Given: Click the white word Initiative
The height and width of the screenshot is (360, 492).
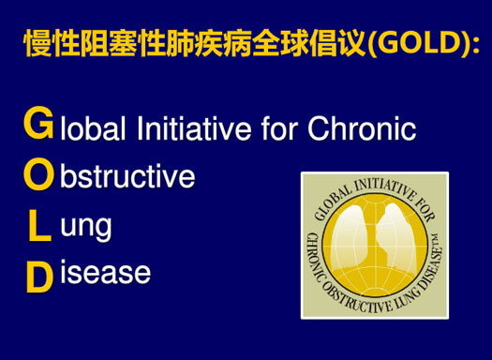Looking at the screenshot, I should (x=189, y=127).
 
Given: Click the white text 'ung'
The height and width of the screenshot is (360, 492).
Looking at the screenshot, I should (x=86, y=227).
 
